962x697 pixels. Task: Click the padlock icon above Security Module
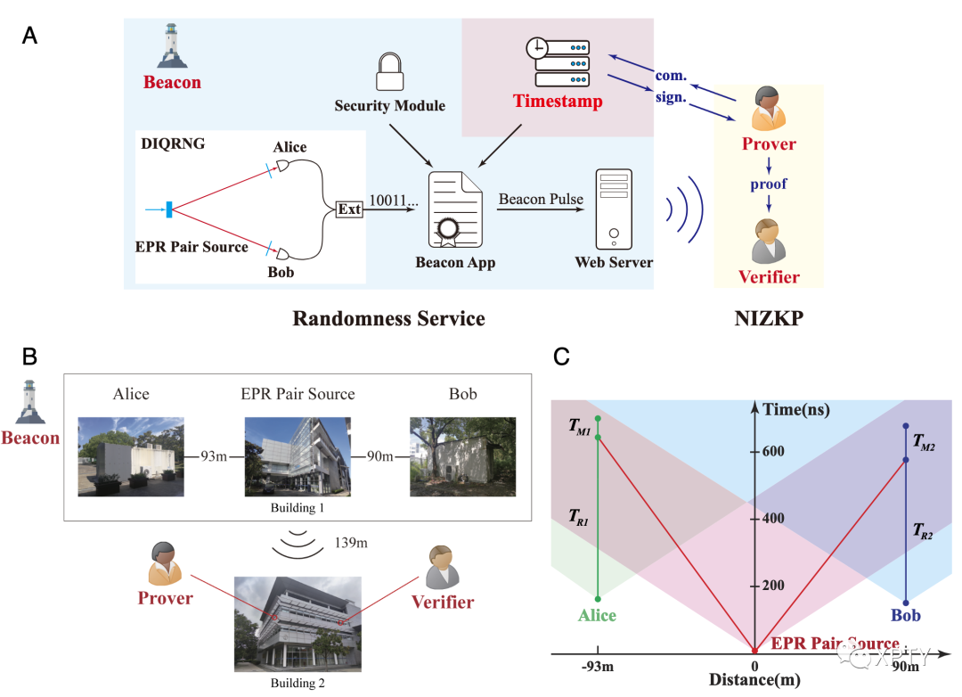pos(389,72)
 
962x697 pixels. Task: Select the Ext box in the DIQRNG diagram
pos(348,210)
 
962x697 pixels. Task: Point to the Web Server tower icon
pos(614,211)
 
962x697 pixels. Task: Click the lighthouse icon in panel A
pos(172,46)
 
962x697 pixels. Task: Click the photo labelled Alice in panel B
pos(131,455)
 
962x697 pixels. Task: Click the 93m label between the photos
pos(214,456)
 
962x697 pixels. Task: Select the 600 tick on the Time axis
pos(772,451)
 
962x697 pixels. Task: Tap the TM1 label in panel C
pos(580,426)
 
